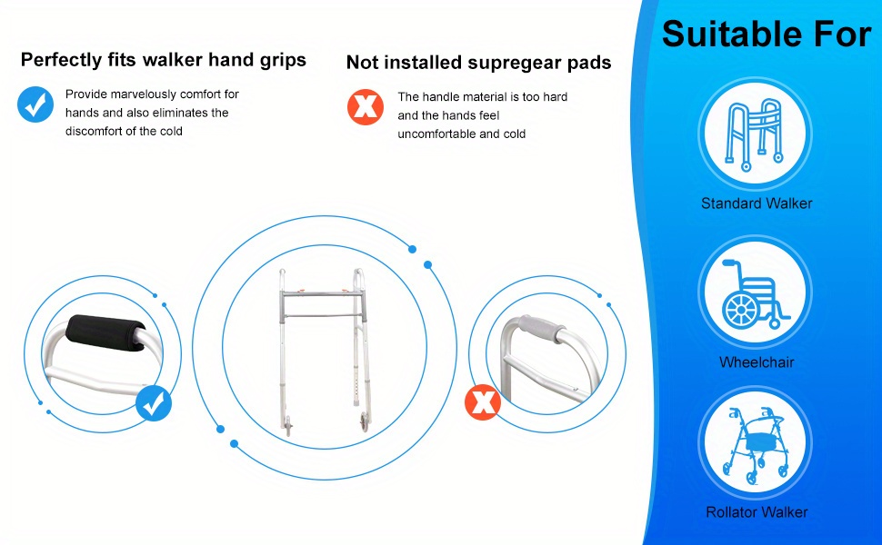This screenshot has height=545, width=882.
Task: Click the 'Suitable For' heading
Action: [x=767, y=34]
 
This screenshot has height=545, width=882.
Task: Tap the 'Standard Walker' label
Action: [x=757, y=203]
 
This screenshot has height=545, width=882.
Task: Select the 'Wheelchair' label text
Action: [x=757, y=362]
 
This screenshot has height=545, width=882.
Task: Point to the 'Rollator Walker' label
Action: [x=757, y=512]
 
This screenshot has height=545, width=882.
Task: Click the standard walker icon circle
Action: [x=756, y=134]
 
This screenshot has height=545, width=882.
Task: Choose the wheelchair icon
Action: [x=756, y=292]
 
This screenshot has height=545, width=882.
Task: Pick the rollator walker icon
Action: [x=756, y=442]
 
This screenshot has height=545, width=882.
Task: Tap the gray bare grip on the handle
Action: [x=540, y=328]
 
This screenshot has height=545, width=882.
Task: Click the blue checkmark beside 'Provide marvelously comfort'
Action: [x=35, y=104]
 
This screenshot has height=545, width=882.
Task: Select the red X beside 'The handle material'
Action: [x=365, y=107]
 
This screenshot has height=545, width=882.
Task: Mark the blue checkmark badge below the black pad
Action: [x=154, y=403]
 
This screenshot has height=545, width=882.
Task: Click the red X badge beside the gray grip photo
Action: [x=483, y=402]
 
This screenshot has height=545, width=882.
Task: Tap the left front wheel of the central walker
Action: [x=288, y=425]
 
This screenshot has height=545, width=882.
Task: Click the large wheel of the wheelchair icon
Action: [x=741, y=311]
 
